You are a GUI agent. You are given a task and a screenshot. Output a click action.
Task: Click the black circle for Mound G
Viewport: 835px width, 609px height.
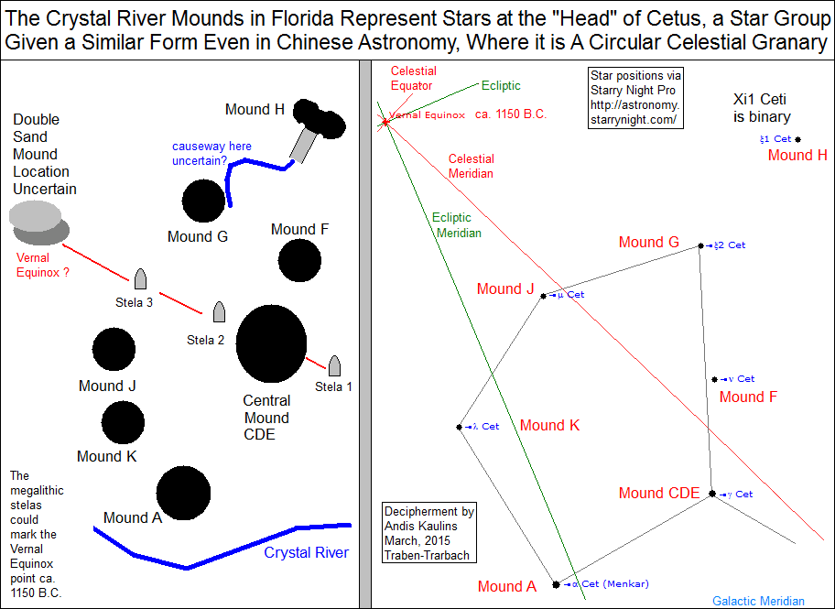pos(203,201)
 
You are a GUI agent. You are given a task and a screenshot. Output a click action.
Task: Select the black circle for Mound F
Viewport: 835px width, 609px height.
pos(299,260)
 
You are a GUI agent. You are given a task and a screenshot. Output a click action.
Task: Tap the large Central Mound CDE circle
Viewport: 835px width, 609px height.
pos(272,344)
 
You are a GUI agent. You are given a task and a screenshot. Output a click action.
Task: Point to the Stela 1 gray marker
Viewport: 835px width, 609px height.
pos(334,366)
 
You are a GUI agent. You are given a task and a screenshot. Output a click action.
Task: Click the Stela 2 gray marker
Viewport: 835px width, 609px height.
pos(219,312)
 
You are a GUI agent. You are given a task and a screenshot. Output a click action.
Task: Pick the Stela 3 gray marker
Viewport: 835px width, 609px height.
pos(140,279)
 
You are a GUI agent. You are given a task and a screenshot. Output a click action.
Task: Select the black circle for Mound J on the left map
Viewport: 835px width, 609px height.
pos(115,349)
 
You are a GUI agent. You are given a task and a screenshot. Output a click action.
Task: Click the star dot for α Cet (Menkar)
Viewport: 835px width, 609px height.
pos(556,583)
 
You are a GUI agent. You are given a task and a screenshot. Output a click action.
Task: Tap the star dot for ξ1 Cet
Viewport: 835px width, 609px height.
pos(798,139)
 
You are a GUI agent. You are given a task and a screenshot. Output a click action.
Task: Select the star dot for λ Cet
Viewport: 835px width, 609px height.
pos(459,427)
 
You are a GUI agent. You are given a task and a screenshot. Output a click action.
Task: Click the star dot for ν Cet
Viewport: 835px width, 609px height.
pos(713,379)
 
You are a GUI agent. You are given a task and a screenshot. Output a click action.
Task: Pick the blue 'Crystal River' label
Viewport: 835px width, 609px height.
pos(306,552)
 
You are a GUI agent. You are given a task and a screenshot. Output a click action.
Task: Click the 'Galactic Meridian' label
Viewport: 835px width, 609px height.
pos(758,601)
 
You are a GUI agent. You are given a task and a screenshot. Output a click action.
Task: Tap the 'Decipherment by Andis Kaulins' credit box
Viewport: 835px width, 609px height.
pos(429,534)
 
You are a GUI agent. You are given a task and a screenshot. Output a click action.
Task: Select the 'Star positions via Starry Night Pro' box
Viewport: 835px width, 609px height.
pos(636,97)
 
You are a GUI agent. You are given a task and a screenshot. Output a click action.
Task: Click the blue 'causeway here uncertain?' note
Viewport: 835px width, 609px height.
pos(211,153)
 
